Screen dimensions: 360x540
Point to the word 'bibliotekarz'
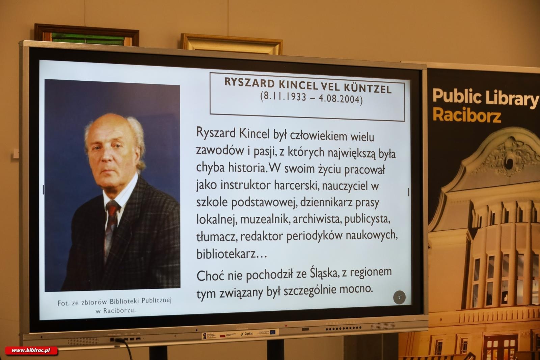point(226,254)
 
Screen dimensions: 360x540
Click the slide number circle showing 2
point(399,298)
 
